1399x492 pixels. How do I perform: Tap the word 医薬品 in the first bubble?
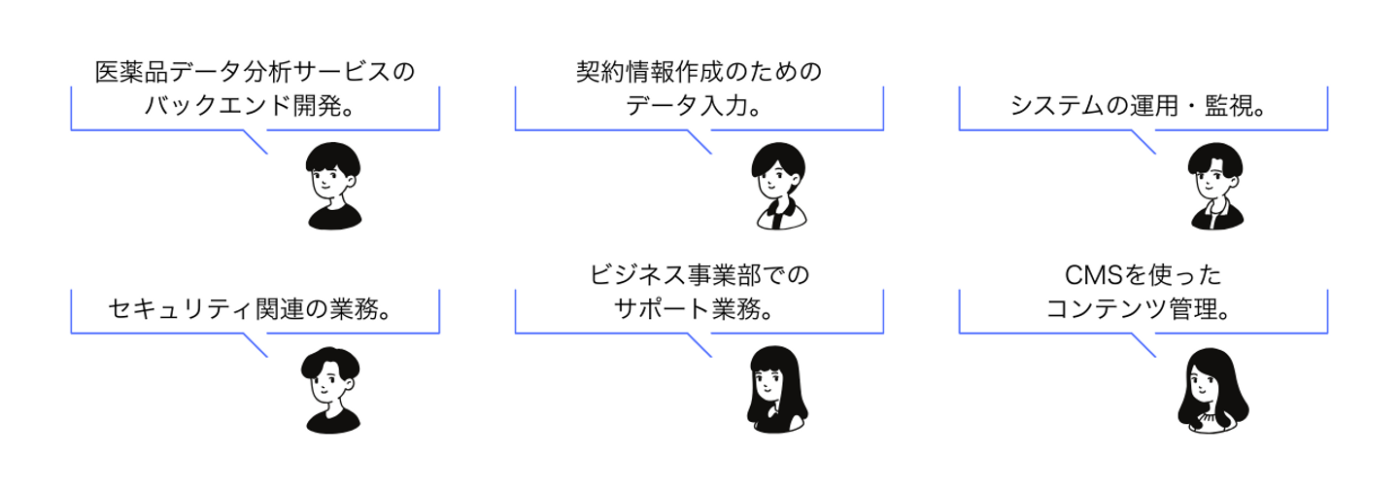(132, 72)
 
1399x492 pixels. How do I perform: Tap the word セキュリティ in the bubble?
(182, 309)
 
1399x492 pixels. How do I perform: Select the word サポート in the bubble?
(663, 309)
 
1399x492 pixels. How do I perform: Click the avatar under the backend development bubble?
(334, 186)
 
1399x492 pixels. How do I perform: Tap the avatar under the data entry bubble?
(779, 186)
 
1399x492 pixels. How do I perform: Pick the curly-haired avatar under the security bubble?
(331, 390)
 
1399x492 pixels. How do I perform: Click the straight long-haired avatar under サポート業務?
(776, 389)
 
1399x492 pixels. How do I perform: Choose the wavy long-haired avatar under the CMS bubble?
(1212, 390)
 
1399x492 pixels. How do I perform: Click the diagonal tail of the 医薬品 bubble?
(255, 142)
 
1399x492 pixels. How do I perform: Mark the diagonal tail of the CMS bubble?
(1143, 345)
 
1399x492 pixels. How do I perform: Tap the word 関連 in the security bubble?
(280, 309)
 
